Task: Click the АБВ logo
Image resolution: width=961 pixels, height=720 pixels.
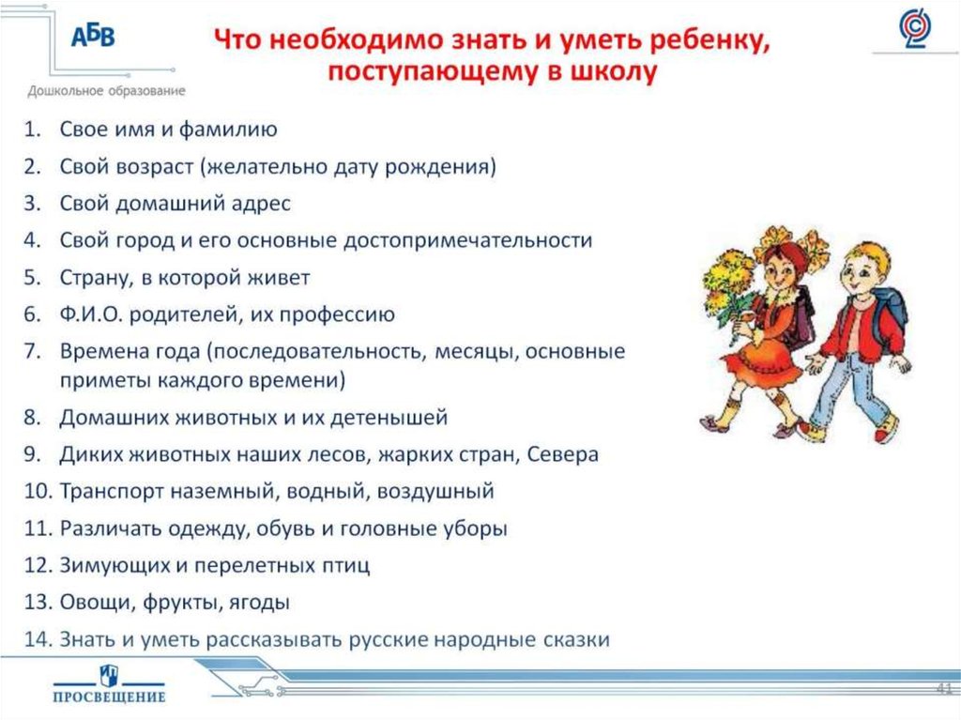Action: (x=93, y=37)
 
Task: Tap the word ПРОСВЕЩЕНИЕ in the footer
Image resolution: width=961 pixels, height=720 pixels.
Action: (x=109, y=697)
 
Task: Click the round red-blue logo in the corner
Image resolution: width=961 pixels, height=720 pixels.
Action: (x=915, y=28)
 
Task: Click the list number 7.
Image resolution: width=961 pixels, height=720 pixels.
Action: (x=32, y=351)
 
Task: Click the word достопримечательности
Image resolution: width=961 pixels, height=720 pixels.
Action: (x=467, y=240)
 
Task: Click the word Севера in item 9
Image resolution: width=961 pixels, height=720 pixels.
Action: (x=563, y=453)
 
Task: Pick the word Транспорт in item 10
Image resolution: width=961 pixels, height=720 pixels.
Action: (x=112, y=492)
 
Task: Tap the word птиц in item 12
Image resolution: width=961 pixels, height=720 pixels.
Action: (x=346, y=565)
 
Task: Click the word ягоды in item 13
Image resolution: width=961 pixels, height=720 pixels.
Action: (x=259, y=603)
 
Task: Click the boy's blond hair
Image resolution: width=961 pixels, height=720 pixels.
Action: (x=865, y=257)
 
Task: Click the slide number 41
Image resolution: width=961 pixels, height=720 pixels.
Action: (x=944, y=688)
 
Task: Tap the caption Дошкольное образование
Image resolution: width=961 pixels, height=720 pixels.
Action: (x=106, y=91)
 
